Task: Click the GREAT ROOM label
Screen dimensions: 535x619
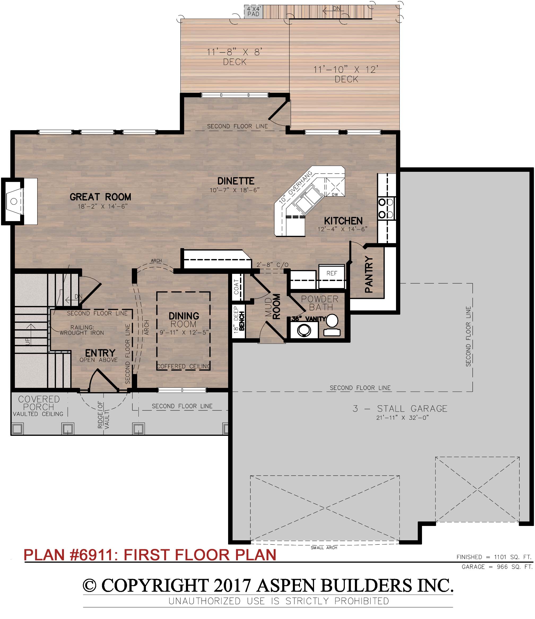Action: pos(101,197)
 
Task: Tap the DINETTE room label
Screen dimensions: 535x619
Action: pos(236,181)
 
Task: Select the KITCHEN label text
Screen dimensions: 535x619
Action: pos(343,221)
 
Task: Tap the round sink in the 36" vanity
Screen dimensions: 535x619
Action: pos(304,331)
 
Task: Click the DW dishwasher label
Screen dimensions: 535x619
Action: pos(335,195)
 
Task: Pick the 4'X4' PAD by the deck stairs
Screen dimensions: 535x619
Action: pos(254,12)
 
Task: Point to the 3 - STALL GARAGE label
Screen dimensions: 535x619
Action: pos(400,409)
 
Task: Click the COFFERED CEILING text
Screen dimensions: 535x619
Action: pos(184,366)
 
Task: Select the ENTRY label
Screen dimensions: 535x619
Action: pos(100,353)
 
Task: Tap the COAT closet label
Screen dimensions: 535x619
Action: pos(237,287)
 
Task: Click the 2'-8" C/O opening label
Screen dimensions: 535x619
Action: pos(272,265)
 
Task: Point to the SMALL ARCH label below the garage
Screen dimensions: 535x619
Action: pos(324,548)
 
